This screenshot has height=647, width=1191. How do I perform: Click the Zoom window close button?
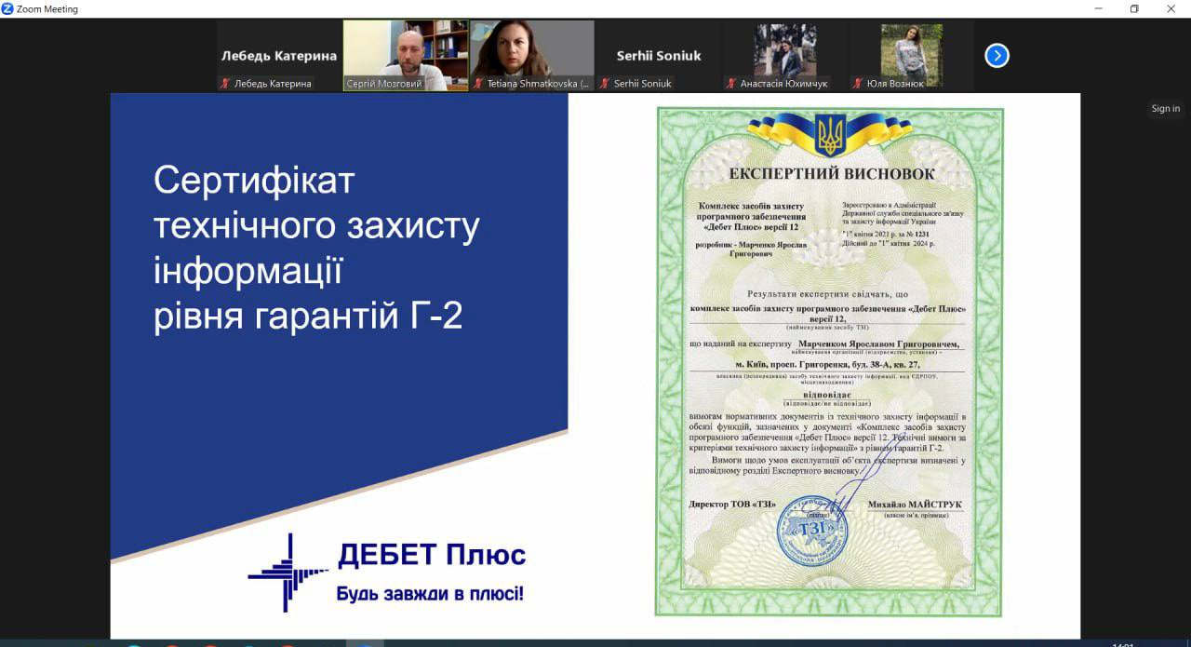click(x=1171, y=9)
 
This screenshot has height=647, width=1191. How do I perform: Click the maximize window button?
click(x=1134, y=9)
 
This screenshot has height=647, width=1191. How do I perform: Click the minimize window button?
click(x=1098, y=9)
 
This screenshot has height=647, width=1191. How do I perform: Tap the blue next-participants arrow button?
click(x=997, y=56)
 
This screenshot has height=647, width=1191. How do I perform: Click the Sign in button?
click(x=1165, y=109)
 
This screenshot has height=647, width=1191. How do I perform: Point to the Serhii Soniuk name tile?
click(x=658, y=56)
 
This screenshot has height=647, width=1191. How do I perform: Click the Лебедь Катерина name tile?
click(x=278, y=56)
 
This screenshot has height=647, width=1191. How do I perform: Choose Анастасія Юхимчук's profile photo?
click(x=784, y=50)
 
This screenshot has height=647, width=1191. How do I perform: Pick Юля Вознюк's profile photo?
click(x=911, y=50)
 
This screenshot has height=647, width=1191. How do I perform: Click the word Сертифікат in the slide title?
click(x=254, y=180)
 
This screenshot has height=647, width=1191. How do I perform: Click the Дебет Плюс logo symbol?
click(x=288, y=572)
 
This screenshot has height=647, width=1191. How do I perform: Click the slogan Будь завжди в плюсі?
click(x=430, y=593)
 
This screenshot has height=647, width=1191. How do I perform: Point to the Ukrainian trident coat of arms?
click(x=830, y=134)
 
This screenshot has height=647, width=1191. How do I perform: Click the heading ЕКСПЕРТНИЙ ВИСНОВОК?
click(x=832, y=174)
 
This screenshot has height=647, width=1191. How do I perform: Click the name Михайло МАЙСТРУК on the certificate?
click(x=915, y=505)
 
